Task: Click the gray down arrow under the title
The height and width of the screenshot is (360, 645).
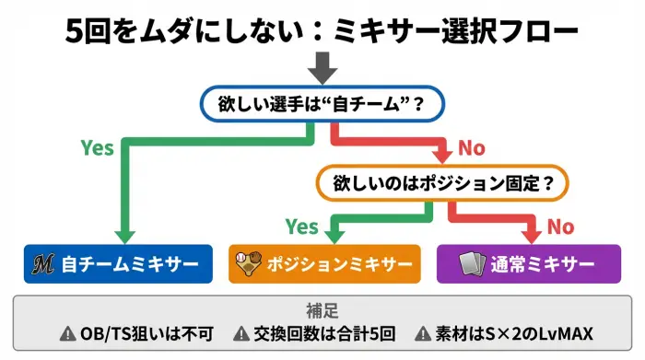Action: point(322,67)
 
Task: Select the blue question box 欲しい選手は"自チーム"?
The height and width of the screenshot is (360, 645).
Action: point(322,105)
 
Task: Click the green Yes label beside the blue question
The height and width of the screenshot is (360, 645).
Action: point(98,147)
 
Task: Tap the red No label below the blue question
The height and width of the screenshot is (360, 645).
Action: point(470,147)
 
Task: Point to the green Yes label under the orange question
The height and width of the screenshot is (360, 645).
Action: point(301,226)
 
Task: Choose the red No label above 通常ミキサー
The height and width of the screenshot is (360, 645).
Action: point(560,226)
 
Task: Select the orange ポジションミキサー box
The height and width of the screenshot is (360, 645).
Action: point(324,264)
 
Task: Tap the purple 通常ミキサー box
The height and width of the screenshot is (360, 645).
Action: point(529,264)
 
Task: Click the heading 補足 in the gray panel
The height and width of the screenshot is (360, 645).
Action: point(322,310)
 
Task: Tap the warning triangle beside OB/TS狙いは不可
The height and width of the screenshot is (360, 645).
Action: point(67,334)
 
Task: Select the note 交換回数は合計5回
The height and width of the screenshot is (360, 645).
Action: point(322,334)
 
